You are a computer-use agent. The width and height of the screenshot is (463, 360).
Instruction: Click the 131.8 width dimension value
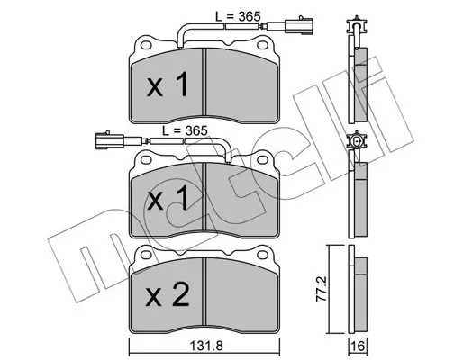click(x=206, y=346)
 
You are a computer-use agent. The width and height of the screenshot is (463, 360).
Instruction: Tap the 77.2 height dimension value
click(x=322, y=289)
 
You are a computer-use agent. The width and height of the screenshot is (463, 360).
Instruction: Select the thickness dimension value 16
click(x=359, y=346)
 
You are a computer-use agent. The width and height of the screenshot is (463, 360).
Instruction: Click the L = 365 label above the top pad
click(x=238, y=16)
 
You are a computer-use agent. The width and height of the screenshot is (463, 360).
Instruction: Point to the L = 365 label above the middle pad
click(x=185, y=130)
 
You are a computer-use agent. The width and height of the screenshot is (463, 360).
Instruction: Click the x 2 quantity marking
click(x=168, y=295)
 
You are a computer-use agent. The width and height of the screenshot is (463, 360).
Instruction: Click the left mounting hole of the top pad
click(x=146, y=45)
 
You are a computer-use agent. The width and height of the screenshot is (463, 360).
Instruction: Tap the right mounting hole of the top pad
click(x=263, y=45)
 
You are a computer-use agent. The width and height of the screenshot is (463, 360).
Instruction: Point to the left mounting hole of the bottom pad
click(x=146, y=255)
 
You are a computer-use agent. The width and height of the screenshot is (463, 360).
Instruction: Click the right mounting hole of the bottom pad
click(x=263, y=255)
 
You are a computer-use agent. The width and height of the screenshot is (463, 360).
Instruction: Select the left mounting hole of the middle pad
click(x=146, y=159)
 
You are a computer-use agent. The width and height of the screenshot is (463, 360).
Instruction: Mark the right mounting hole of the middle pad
click(x=263, y=159)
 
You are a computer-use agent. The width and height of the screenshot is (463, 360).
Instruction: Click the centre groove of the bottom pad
click(x=204, y=292)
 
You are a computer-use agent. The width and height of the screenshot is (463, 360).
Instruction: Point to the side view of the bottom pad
click(x=358, y=290)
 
